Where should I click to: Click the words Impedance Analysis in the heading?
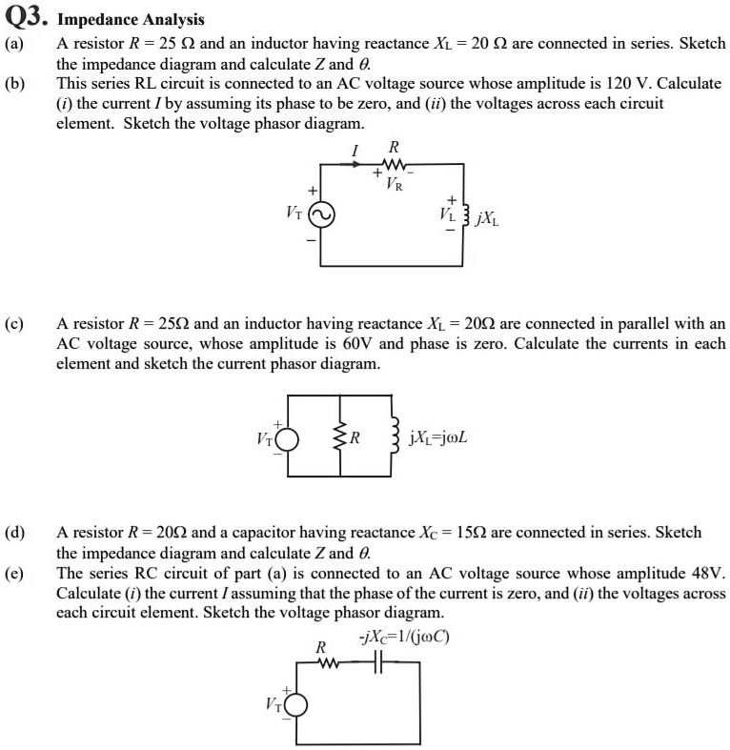tap(131, 19)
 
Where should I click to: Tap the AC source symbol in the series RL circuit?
tap(320, 215)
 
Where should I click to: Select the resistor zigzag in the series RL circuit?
tap(393, 164)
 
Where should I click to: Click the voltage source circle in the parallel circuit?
tap(287, 439)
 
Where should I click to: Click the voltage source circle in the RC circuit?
tap(295, 704)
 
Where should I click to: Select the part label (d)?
tap(15, 532)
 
